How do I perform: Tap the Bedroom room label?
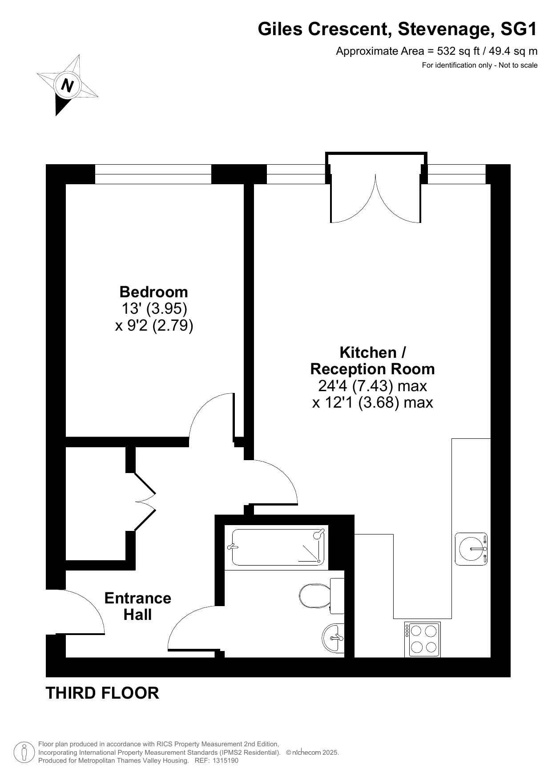pos(154,292)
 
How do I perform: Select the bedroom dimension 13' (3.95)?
pos(154,308)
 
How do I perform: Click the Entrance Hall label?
pos(138,606)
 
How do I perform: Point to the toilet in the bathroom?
pos(322,595)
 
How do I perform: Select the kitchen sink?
pos(471,549)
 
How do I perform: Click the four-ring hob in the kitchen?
pos(422,639)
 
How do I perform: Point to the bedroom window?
pos(153,174)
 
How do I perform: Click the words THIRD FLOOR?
pos(102,693)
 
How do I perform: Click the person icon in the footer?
pos(24,753)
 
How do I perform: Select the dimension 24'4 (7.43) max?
pos(372,385)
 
